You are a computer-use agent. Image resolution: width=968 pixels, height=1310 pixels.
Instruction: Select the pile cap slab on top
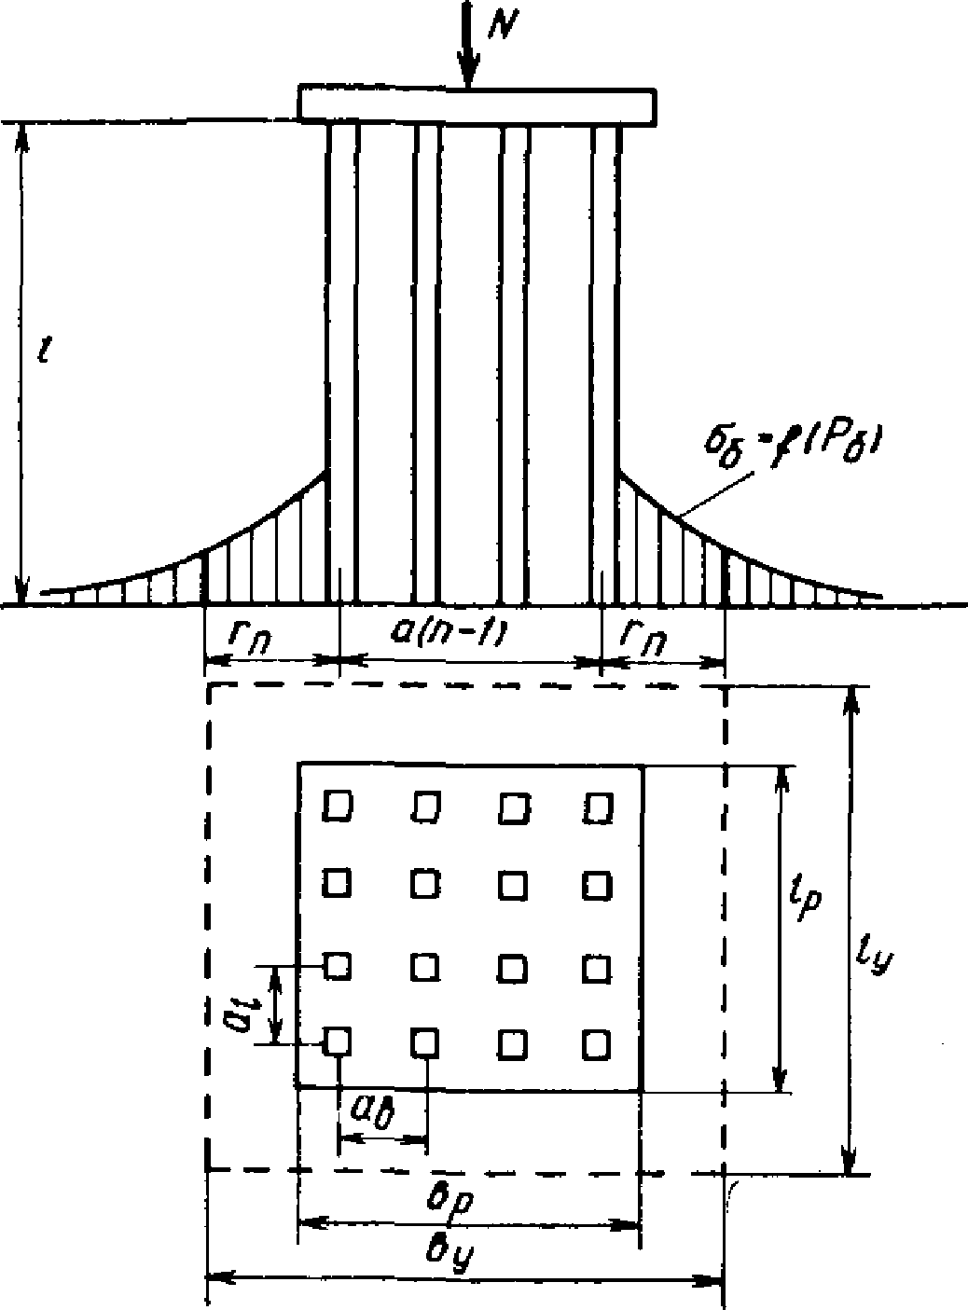(476, 104)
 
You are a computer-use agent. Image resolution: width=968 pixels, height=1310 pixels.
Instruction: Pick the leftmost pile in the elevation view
(342, 364)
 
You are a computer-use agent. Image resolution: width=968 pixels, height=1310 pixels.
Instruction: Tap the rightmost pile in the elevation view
(605, 364)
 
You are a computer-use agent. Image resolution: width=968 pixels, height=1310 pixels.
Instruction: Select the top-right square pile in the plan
(598, 807)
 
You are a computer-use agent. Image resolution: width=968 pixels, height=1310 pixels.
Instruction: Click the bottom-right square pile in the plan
(597, 1044)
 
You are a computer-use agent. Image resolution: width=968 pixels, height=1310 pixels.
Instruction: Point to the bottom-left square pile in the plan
(337, 1040)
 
